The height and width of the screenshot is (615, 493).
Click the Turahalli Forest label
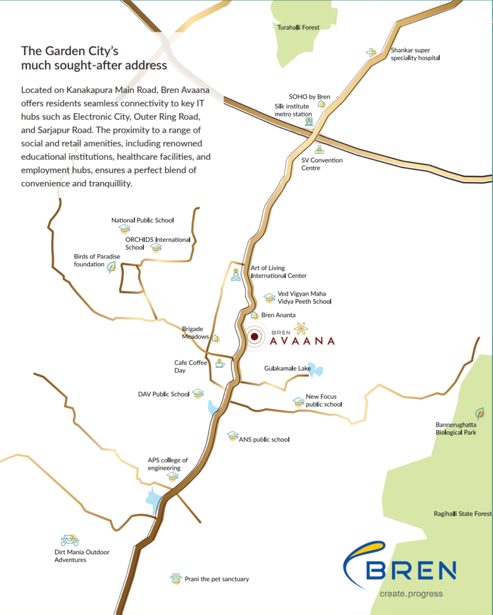point(298,28)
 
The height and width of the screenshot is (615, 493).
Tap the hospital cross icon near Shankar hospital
point(371,53)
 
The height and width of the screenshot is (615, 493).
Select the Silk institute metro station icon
point(309,122)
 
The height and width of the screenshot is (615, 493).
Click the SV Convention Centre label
point(322,164)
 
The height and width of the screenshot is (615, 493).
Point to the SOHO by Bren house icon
point(322,105)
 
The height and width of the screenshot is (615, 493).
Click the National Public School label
point(142,220)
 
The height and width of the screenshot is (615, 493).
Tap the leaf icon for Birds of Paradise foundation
point(111,267)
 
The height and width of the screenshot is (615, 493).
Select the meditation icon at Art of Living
point(236,276)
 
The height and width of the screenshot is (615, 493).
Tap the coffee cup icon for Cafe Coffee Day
point(219,363)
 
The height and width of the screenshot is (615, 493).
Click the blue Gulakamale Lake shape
point(316,371)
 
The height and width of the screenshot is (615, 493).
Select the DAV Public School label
point(163,395)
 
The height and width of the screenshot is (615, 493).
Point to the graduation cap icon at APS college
point(173,476)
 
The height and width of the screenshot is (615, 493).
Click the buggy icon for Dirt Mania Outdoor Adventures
point(70,541)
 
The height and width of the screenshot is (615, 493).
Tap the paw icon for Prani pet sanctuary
point(175,579)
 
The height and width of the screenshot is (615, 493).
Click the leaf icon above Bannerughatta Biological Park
point(479,413)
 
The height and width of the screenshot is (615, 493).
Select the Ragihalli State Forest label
point(462,514)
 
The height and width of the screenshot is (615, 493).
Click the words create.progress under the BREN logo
point(411,594)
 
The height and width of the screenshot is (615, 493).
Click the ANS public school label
point(264,440)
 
